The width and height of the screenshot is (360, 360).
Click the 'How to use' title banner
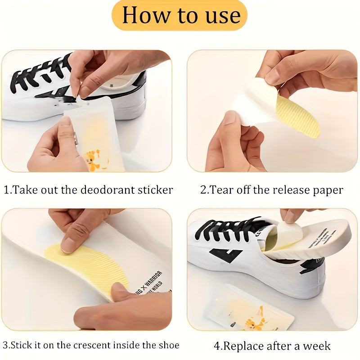[x=180, y=15]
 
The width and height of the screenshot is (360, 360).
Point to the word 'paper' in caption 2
[x=327, y=190]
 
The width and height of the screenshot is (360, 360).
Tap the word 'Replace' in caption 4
[x=245, y=346]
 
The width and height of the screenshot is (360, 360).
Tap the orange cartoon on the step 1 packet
[x=94, y=160]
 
